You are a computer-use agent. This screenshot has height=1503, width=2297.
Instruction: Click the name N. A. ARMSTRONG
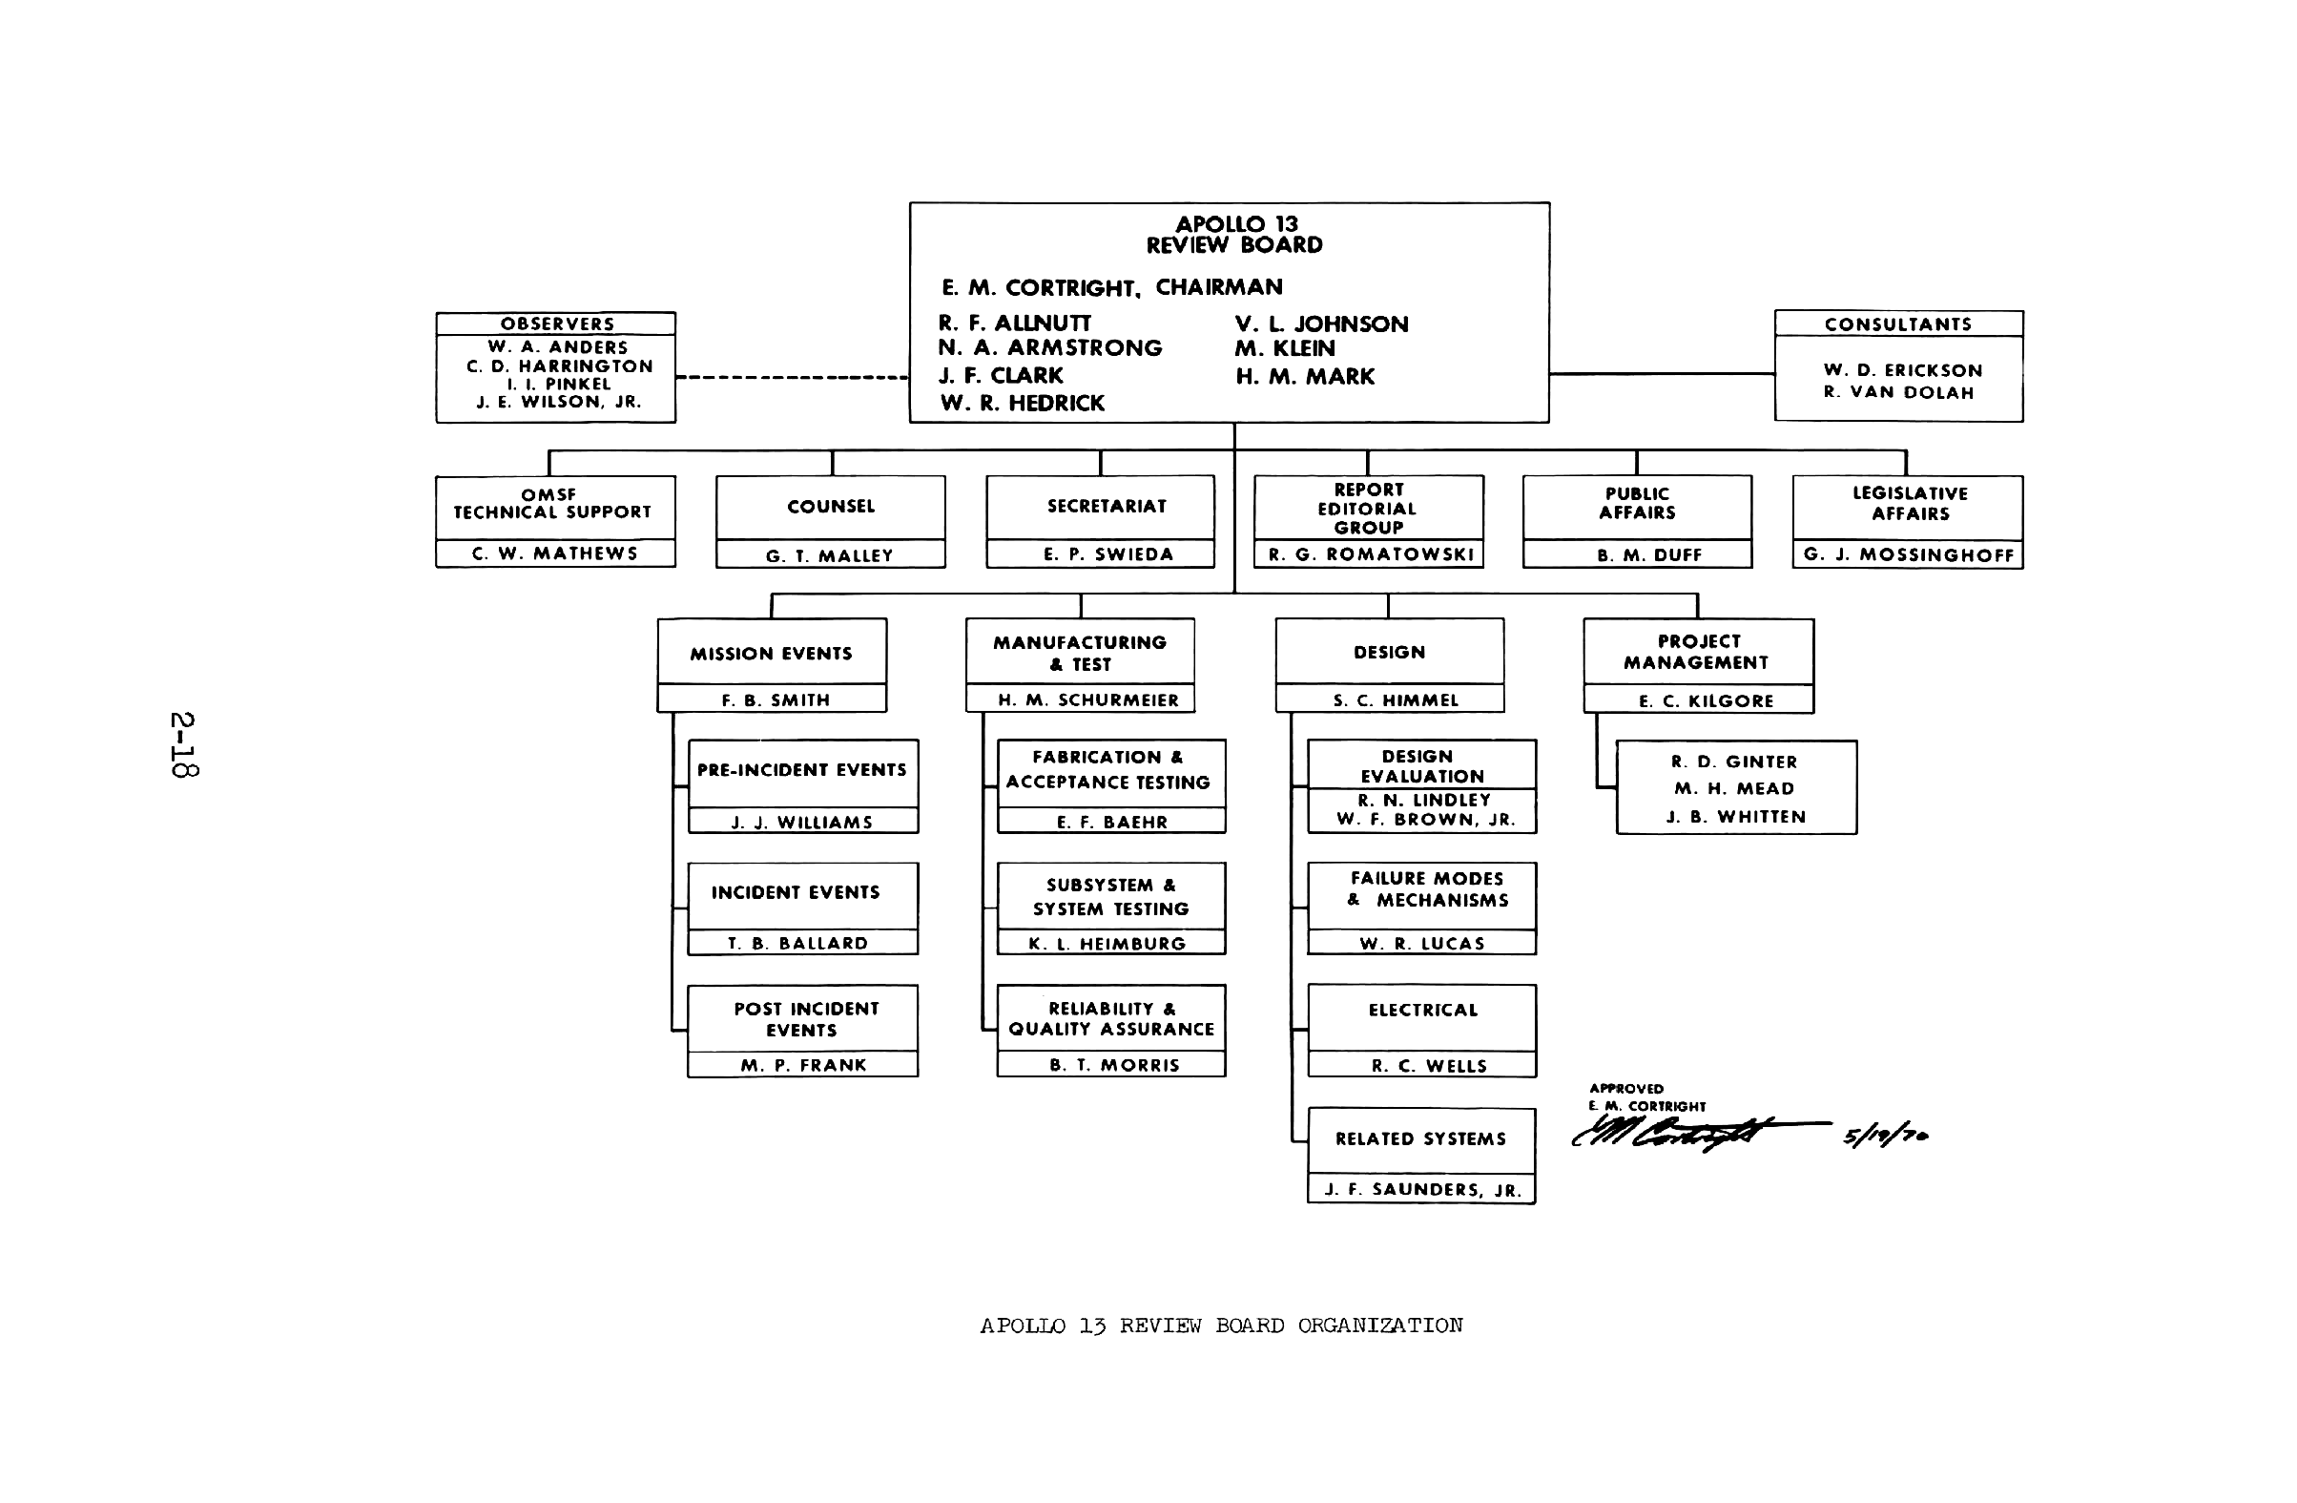[1050, 348]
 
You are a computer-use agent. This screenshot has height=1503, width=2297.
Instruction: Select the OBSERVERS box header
[557, 324]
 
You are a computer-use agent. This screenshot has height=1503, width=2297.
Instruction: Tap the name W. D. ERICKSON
[1902, 370]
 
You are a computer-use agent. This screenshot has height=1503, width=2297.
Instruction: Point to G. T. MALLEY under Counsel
[829, 556]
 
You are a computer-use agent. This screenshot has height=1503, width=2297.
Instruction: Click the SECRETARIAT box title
[1106, 507]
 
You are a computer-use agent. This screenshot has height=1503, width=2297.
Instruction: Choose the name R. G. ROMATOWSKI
[1371, 555]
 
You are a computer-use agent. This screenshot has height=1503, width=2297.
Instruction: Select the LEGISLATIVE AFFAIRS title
[1910, 504]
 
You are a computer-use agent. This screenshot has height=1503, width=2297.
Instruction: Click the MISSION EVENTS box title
[771, 655]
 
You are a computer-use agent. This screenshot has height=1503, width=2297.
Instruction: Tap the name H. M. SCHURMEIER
[1087, 700]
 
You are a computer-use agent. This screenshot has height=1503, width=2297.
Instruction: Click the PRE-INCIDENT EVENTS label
[802, 770]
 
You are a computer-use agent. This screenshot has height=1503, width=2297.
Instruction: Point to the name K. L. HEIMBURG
[1107, 944]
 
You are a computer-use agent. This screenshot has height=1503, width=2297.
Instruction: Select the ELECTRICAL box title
[1422, 1011]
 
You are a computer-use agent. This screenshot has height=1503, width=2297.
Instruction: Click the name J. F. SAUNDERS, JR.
[1422, 1190]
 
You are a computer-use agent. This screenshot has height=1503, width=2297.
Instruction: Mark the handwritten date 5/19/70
[1885, 1137]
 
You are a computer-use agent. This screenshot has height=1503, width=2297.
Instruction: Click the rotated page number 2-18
[183, 744]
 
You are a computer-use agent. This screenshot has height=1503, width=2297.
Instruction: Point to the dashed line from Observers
[792, 378]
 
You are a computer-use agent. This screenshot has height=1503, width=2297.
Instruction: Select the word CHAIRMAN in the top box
[1219, 287]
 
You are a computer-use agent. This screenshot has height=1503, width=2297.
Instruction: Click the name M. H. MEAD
[1734, 789]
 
